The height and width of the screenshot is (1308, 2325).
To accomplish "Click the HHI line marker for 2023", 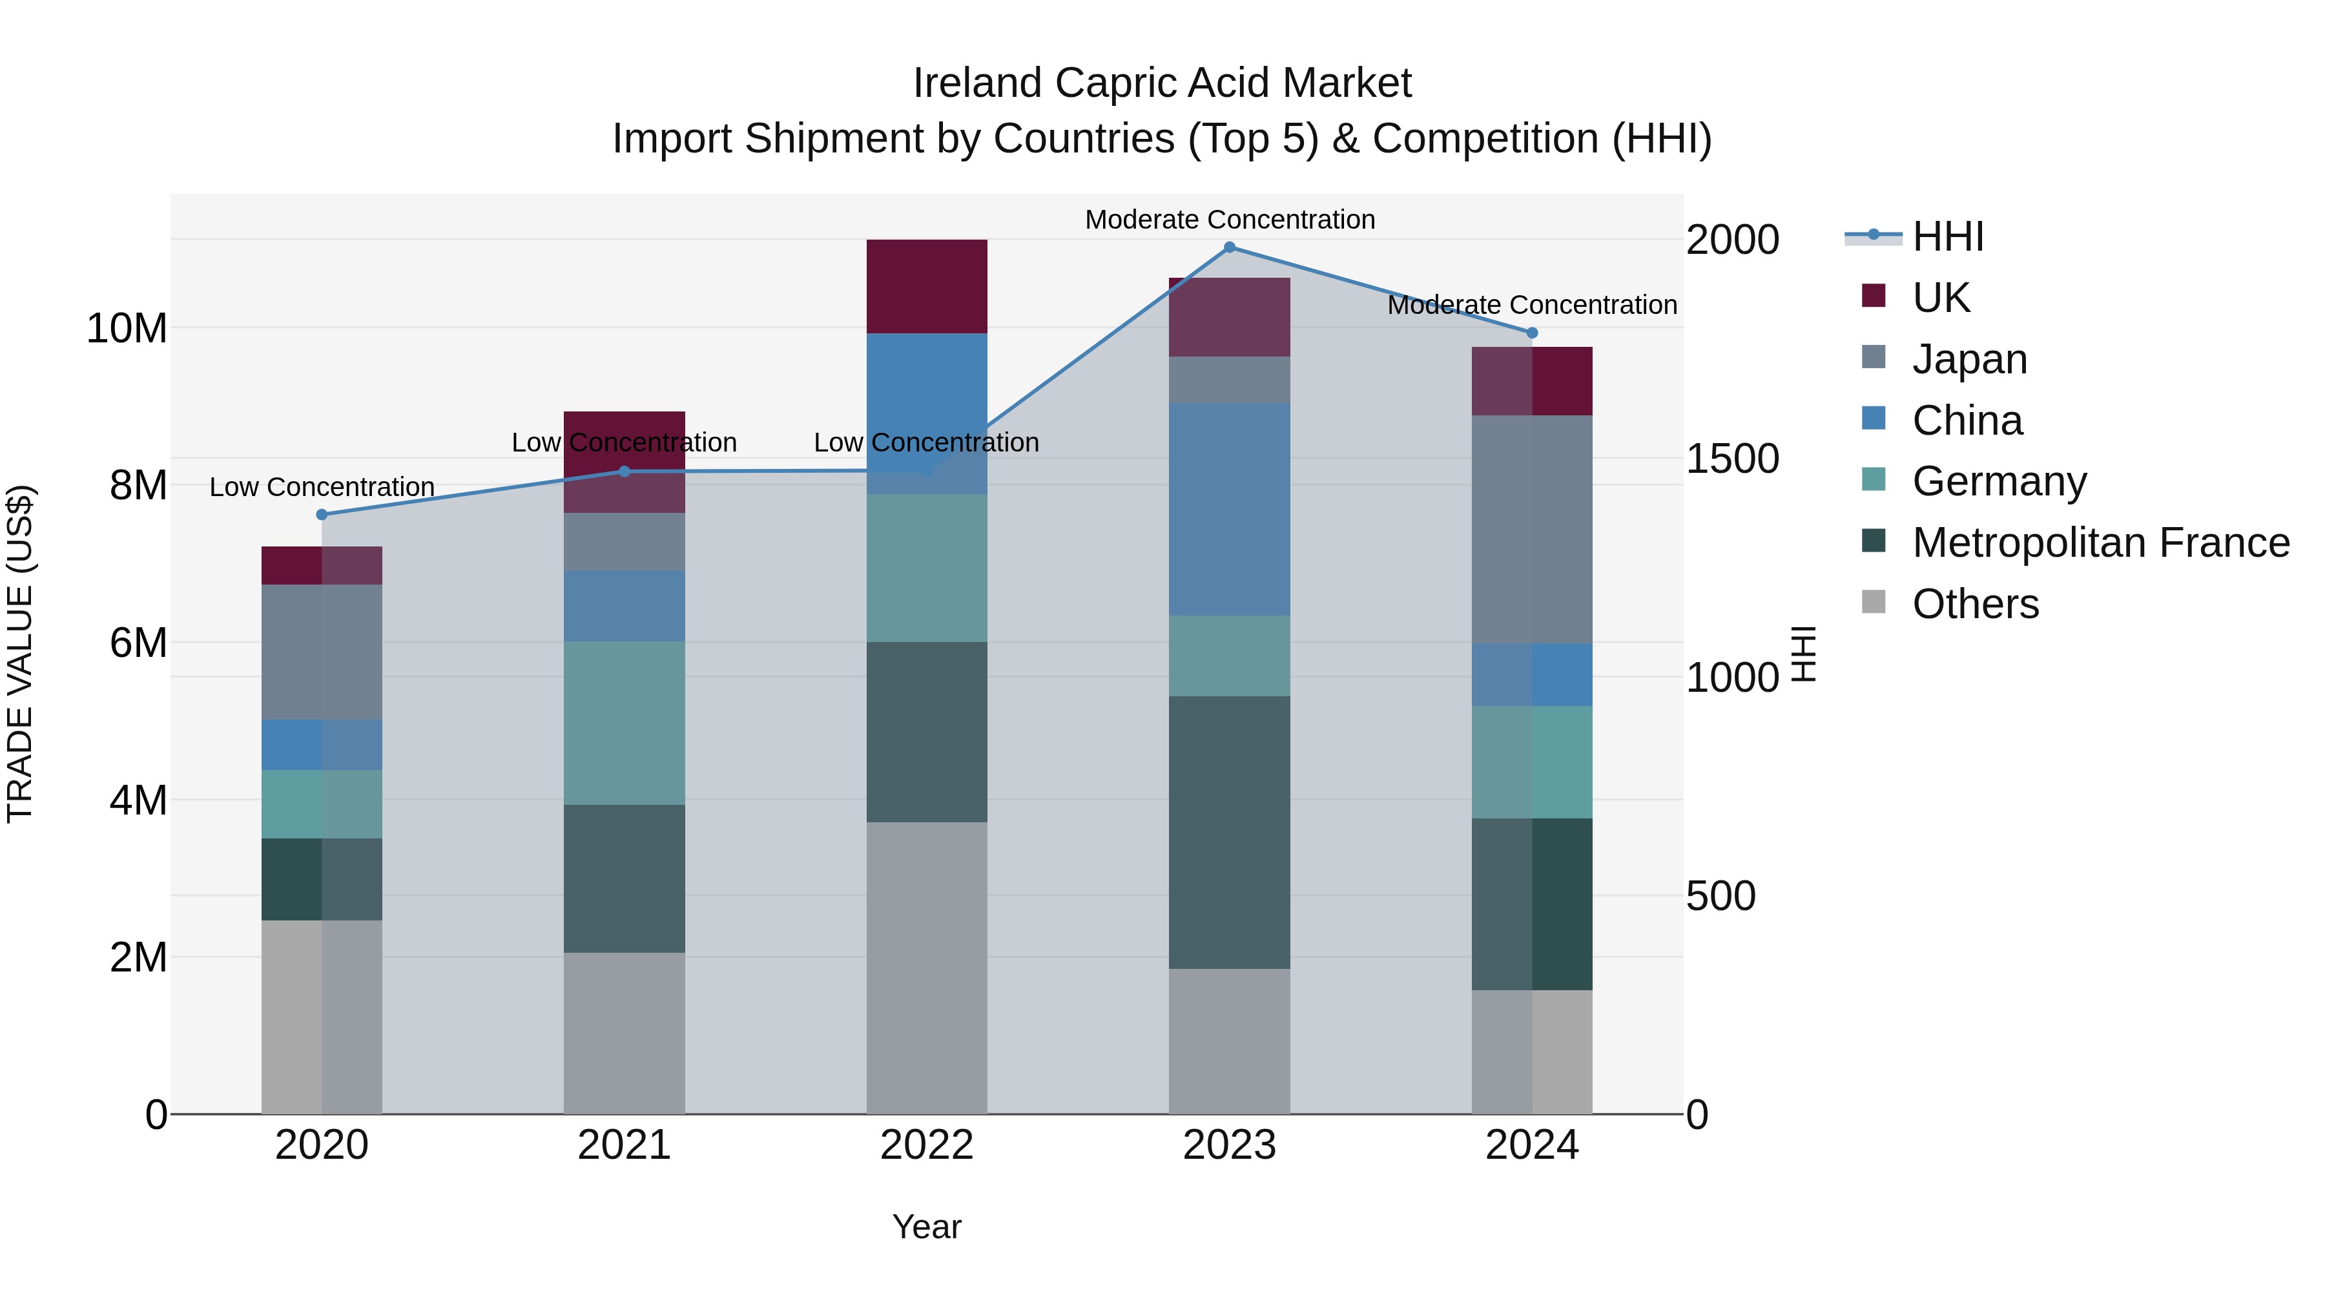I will (1229, 247).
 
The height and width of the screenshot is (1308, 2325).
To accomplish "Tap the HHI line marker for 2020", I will (322, 515).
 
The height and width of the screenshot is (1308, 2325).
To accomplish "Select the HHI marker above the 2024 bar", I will (1532, 333).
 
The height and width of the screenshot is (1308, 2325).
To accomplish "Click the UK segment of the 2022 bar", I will (927, 286).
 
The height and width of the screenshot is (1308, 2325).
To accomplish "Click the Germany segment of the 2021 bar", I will (625, 723).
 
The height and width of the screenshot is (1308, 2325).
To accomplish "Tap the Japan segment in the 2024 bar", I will (1532, 529).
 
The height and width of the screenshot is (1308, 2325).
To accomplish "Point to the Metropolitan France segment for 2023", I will (1229, 833).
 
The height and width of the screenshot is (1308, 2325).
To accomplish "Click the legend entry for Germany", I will (1998, 481).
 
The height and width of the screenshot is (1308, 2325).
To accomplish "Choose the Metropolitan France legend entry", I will (2100, 543).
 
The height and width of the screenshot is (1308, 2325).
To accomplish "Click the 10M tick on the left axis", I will (127, 329).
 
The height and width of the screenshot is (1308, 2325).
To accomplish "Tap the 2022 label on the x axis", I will (927, 1145).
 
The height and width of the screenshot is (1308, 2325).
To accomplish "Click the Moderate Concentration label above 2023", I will (1229, 220).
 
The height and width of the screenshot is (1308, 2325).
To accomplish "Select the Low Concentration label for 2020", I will (322, 486).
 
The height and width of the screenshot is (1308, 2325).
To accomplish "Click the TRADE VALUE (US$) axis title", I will (20, 654).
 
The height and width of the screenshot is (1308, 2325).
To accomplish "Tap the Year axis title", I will (927, 1227).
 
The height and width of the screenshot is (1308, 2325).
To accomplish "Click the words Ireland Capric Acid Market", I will (1162, 83).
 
